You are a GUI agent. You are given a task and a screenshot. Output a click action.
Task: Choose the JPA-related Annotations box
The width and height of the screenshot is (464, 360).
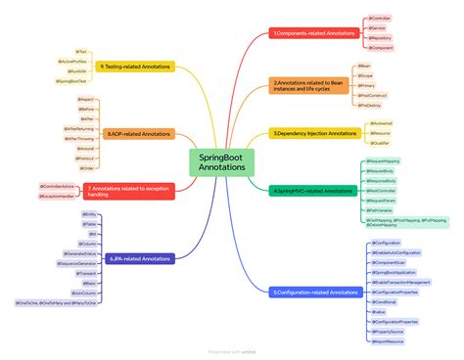point(141,259)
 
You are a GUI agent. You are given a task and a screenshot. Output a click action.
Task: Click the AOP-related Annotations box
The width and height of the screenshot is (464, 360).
point(139,133)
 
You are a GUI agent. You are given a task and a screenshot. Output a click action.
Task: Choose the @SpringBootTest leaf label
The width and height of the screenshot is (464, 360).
point(71,81)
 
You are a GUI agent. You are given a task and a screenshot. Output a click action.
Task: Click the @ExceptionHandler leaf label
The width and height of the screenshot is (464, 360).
point(60,195)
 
